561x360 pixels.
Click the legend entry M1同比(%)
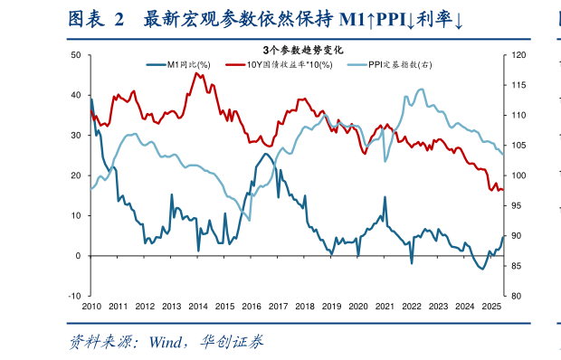click(x=185, y=64)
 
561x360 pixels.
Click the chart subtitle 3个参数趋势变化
click(x=296, y=50)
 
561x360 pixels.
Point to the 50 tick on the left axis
click(x=76, y=56)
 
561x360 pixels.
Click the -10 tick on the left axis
click(x=74, y=296)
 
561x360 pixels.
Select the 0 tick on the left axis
click(x=79, y=256)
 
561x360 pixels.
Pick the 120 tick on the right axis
click(x=518, y=56)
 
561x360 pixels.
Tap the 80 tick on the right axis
click(x=517, y=296)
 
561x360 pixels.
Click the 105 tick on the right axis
click(x=518, y=146)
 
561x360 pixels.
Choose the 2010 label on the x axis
click(x=91, y=308)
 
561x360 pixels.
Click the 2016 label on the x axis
click(x=252, y=308)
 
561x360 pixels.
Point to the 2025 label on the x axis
click(x=491, y=308)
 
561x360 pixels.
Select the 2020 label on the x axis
click(x=358, y=308)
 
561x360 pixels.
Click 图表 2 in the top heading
click(x=95, y=20)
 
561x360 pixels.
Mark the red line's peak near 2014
click(x=195, y=73)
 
